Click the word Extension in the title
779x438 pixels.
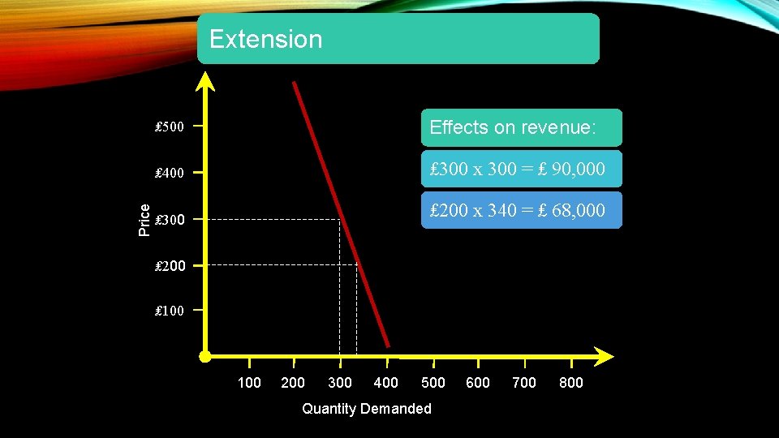[265, 39]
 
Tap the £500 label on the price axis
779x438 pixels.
[170, 127]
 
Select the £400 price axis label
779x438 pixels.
[170, 173]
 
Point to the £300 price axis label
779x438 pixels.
[170, 220]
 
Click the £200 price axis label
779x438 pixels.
[170, 265]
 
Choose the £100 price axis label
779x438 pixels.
[170, 311]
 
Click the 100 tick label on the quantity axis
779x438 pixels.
[249, 383]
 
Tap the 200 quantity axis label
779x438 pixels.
[293, 383]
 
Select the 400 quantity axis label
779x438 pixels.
[385, 383]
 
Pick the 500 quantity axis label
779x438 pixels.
[433, 383]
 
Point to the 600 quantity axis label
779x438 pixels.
[478, 383]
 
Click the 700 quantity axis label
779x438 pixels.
[524, 383]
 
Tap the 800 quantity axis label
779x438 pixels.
[571, 383]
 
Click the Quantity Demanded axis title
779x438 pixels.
[367, 409]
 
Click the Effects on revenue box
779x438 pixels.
[521, 127]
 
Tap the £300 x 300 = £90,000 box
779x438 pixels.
[521, 169]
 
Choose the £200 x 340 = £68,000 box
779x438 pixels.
[521, 210]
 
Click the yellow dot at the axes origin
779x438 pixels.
[205, 356]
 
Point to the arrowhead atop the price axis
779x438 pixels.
[207, 81]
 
